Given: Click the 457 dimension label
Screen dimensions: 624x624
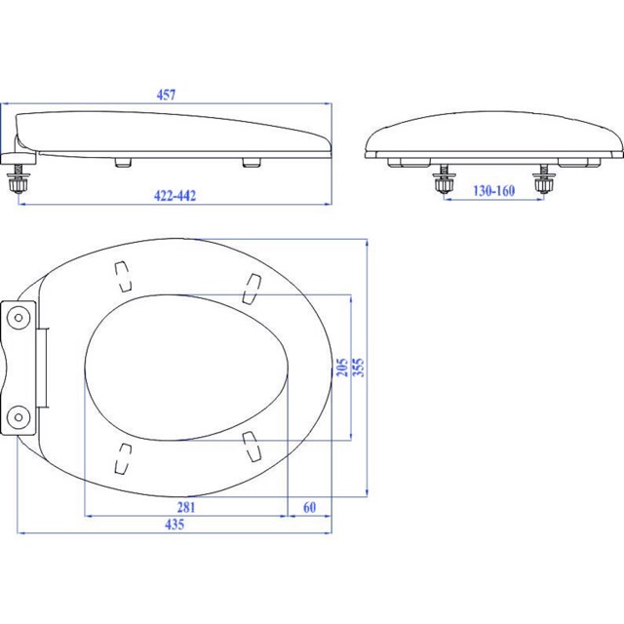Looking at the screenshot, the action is point(166,95).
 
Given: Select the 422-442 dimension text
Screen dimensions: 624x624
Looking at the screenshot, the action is point(175,195).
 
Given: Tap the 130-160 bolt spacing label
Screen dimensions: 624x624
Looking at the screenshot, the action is point(494,191).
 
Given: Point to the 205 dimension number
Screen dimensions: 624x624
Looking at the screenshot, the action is point(342,368).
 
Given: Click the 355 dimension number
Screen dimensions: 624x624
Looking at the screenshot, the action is point(359,368).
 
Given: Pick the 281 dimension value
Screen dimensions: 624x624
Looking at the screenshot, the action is point(186,507).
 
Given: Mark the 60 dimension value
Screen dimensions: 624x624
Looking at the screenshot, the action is point(310,507).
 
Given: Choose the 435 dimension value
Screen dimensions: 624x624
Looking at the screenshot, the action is point(175,525).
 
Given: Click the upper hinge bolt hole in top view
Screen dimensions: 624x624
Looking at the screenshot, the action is point(19,318).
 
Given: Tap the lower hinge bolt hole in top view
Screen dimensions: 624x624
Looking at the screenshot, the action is point(19,416).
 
